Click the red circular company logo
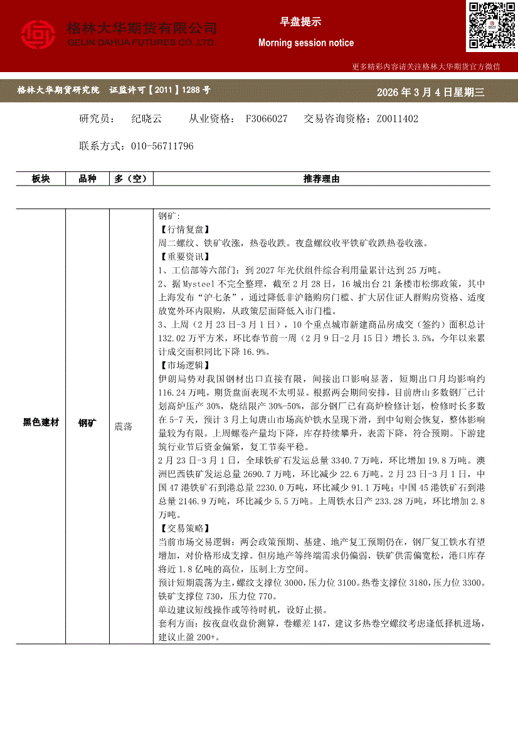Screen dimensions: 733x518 point(39,34)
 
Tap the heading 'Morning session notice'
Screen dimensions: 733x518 point(306,43)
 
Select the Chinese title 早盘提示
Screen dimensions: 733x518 point(300,21)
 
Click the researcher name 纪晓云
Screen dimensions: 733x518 point(147,119)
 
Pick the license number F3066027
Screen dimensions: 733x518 point(267,119)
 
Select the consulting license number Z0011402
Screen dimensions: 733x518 point(396,119)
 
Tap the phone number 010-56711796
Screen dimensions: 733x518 point(162,146)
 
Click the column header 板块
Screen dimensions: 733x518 point(41,179)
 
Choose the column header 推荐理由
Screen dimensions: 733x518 point(321,179)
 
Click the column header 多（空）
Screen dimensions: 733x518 point(130,179)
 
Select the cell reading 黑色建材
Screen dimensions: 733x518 point(41,423)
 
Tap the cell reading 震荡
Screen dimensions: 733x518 point(124,426)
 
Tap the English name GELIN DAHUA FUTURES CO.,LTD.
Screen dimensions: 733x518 point(142,42)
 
